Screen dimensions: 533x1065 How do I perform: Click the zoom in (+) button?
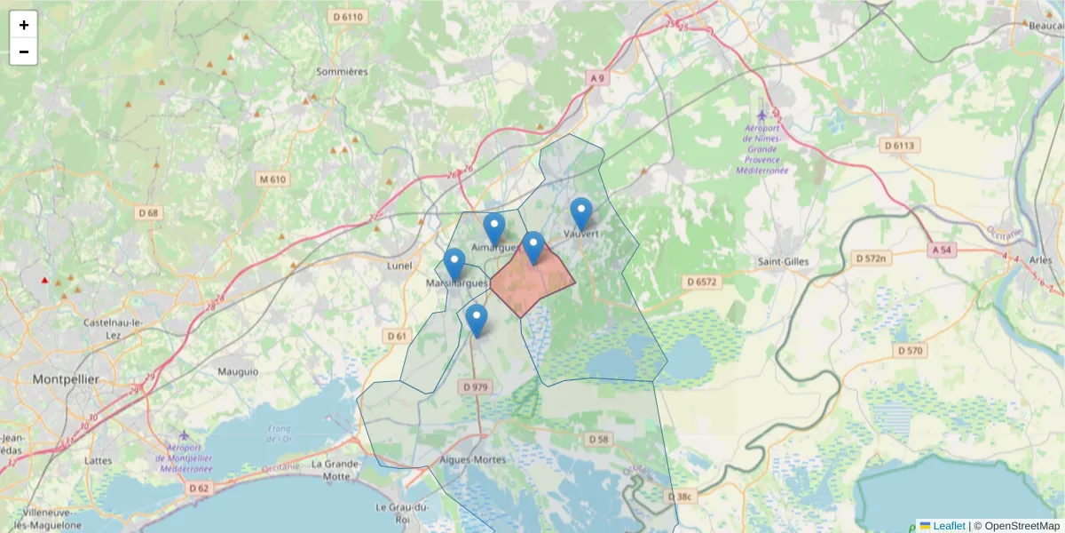point(24,25)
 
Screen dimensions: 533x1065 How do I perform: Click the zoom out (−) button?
point(24,52)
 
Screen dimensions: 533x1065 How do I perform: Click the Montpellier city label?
point(66,379)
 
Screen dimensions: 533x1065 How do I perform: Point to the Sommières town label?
point(342,72)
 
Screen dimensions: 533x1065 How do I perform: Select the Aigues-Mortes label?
point(473,460)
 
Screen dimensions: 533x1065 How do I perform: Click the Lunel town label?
point(401,266)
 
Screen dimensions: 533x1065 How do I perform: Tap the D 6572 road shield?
point(701,281)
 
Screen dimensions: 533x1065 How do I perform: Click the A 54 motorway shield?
point(942,251)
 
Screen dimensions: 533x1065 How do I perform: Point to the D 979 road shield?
point(477,387)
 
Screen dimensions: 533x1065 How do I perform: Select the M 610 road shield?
point(272,179)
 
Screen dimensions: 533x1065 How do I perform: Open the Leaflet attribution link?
point(948,526)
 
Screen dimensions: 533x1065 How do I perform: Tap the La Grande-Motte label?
point(335,470)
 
